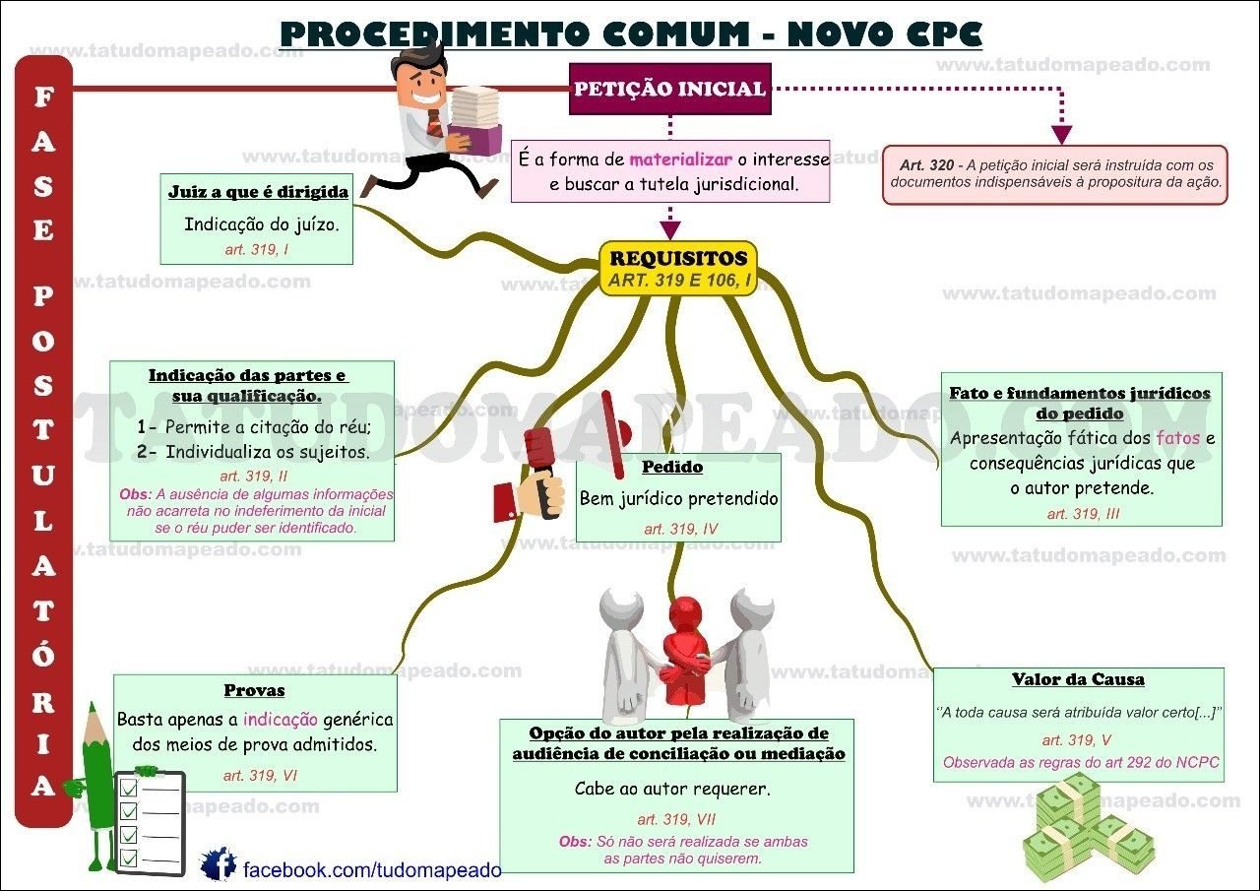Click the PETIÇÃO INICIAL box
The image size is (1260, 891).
coord(669,89)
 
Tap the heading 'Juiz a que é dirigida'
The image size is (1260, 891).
coord(258,192)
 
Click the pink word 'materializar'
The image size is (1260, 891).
coord(680,159)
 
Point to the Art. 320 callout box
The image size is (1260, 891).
coord(1055,174)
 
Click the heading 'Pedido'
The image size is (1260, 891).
coord(672,467)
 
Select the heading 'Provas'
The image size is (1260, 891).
coord(254,690)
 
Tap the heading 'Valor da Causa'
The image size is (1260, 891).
coord(1078,679)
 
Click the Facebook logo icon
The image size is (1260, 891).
coord(218,864)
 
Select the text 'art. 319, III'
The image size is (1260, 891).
coord(1083,514)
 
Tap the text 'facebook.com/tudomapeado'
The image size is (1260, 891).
coord(372,870)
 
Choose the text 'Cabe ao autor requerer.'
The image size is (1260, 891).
coord(672,789)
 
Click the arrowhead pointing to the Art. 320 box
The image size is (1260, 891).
coord(1061,134)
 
